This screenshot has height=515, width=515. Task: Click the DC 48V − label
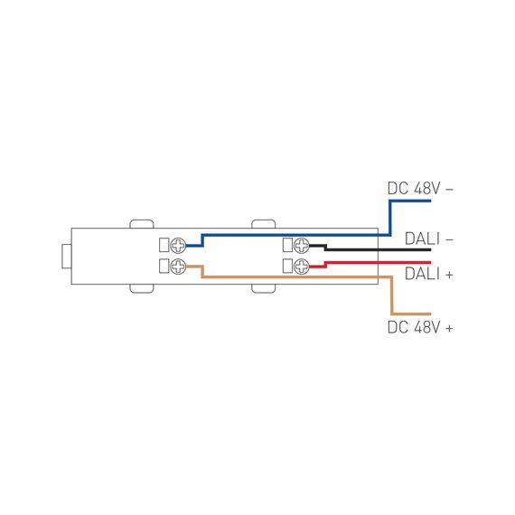(420, 189)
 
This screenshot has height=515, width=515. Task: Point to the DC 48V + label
(420, 327)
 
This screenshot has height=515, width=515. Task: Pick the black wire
(379, 249)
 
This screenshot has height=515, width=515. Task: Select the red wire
(379, 262)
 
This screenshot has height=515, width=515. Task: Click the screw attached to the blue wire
(179, 246)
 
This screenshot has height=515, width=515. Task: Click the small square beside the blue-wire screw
(164, 246)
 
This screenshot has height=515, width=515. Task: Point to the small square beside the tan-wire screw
(164, 266)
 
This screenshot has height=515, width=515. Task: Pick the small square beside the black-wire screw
(288, 246)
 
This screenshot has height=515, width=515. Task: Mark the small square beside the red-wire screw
(288, 266)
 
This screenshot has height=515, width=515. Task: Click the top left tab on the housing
(142, 222)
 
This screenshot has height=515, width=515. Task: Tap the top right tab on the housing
(263, 222)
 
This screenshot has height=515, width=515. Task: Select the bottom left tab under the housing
(142, 288)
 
